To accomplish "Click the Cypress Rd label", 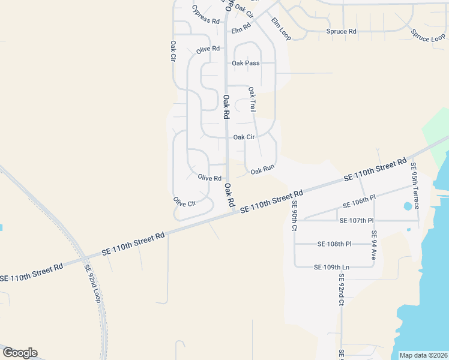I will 205,14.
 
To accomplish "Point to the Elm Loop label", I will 280,29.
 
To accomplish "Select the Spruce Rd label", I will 341,31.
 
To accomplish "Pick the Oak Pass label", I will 246,63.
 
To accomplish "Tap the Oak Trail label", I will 252,100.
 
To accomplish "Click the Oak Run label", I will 262,170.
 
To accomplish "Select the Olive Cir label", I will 184,202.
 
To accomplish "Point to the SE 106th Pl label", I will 359,201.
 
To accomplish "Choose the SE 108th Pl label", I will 334,244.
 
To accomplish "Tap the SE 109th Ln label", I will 331,266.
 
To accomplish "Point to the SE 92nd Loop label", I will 92,284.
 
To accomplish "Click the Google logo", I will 20,353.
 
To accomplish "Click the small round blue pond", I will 408,206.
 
